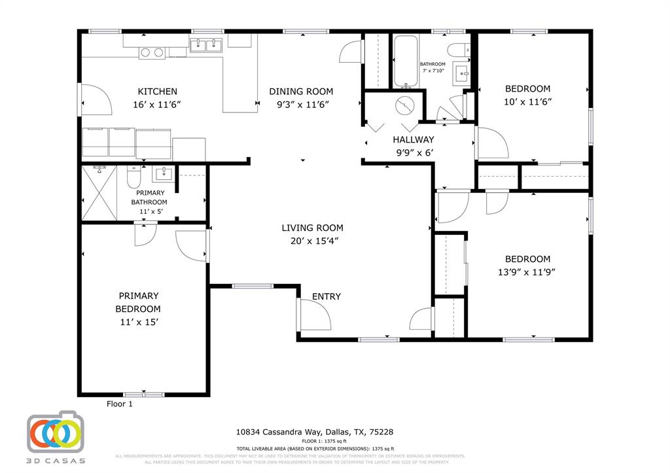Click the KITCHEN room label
point(157,92)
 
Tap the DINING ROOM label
point(301,92)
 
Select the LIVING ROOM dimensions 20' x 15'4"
point(312,241)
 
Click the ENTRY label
point(326,296)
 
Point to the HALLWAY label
point(413,139)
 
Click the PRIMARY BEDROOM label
point(138,302)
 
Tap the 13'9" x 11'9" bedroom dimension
point(527,272)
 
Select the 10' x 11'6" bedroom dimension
point(527,101)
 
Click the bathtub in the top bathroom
point(405,62)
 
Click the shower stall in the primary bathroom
point(100,194)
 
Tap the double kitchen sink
point(206,45)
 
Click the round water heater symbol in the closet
point(406,105)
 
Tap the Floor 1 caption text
point(120,404)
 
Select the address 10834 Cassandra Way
point(314,432)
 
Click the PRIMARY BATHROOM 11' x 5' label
point(150,202)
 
